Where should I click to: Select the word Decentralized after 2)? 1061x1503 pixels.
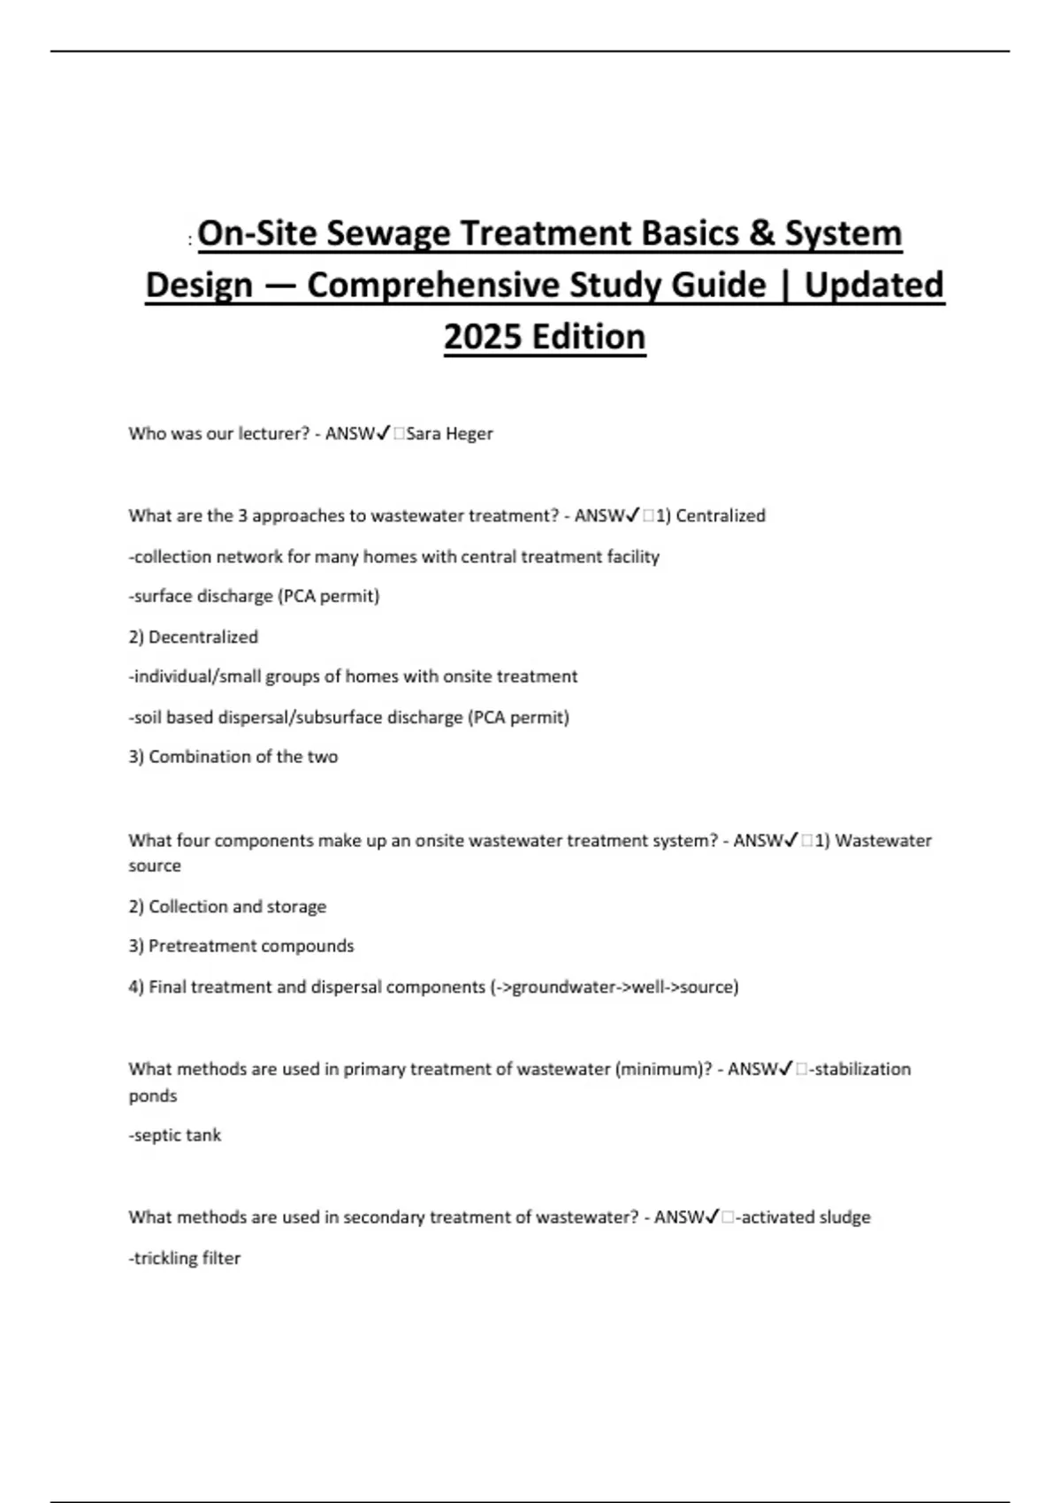click(x=203, y=637)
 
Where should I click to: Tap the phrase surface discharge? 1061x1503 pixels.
click(x=203, y=596)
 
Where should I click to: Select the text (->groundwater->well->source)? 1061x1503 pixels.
click(x=614, y=987)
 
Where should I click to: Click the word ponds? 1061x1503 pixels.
click(x=153, y=1096)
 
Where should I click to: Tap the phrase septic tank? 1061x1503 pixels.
click(x=175, y=1135)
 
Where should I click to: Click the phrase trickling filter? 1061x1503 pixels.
click(x=185, y=1258)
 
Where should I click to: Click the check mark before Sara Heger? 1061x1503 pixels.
click(x=384, y=433)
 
